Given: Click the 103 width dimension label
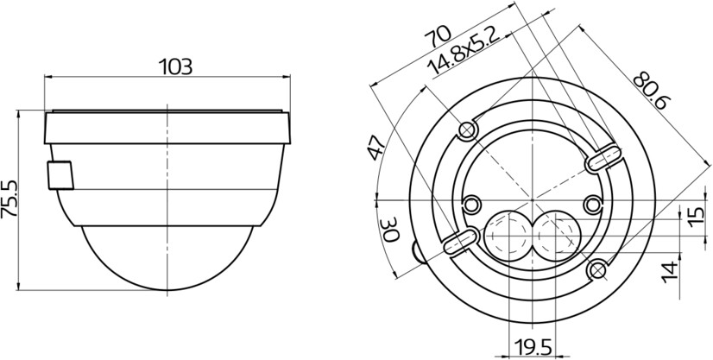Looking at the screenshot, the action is (x=175, y=66).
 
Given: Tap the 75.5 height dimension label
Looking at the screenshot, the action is (x=9, y=199).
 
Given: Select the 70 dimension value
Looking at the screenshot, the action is (x=438, y=35).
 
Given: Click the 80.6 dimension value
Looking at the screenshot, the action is (x=651, y=91).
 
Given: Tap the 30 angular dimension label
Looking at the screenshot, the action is (x=390, y=230).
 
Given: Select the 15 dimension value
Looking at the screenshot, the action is (x=696, y=218).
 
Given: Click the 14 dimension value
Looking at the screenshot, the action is (x=671, y=272).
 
